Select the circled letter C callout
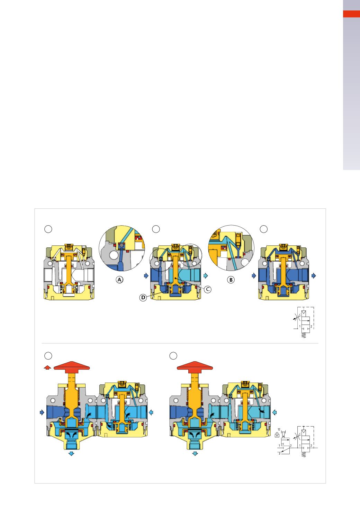207,289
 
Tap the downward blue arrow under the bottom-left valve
72,453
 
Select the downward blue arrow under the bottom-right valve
195,453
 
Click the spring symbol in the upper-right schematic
304,335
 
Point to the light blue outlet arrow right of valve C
206,275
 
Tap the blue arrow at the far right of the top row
314,275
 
